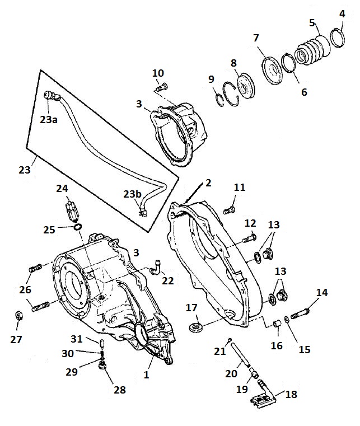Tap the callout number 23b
click(x=133, y=194)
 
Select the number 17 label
click(x=192, y=307)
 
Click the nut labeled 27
click(x=17, y=316)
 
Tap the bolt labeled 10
click(x=162, y=87)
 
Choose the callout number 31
click(x=77, y=339)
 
